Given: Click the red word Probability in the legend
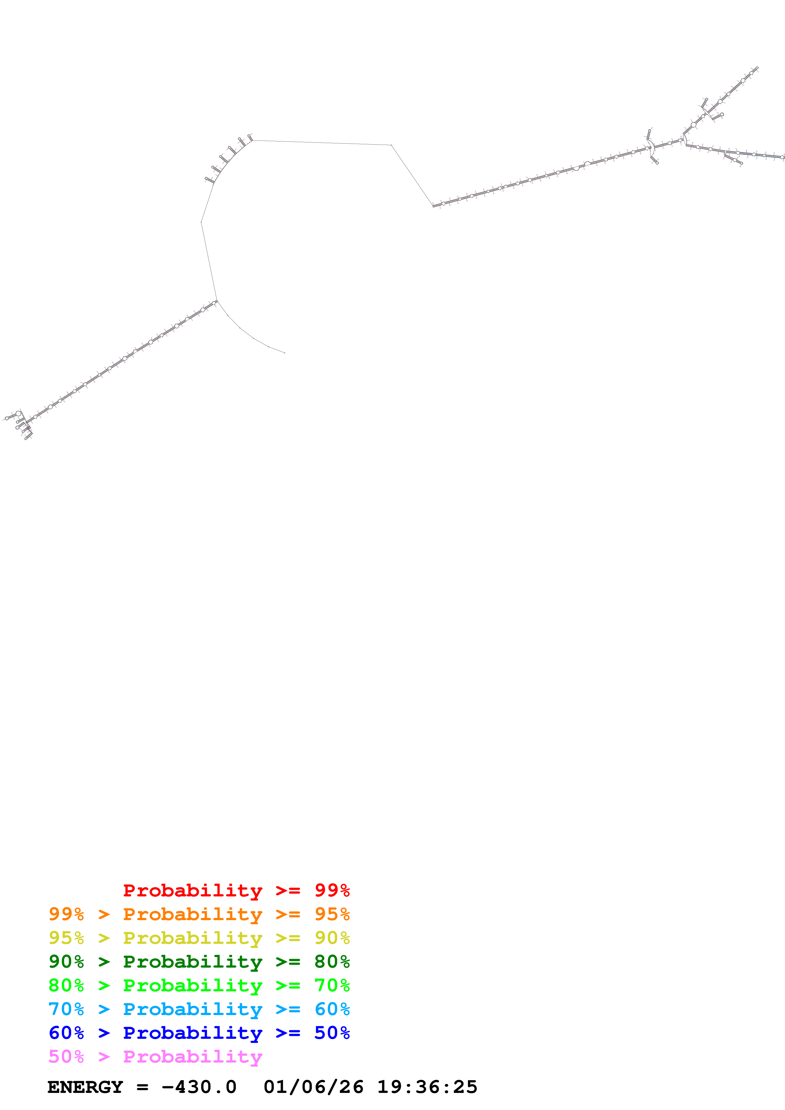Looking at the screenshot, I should (193, 890).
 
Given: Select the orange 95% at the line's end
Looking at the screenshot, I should (332, 914).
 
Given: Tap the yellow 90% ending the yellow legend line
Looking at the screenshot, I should (332, 938).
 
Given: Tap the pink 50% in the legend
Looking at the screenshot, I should (66, 1056).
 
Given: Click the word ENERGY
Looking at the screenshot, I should (85, 1087).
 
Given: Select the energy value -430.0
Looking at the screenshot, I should (199, 1087).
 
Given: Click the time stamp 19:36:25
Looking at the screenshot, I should (427, 1087).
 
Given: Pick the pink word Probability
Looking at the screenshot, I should (193, 1056).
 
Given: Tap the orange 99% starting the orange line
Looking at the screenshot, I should (66, 914).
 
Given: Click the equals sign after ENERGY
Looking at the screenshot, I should (142, 1087).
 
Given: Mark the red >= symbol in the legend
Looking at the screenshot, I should (288, 890).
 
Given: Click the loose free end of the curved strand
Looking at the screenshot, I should (284, 353).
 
